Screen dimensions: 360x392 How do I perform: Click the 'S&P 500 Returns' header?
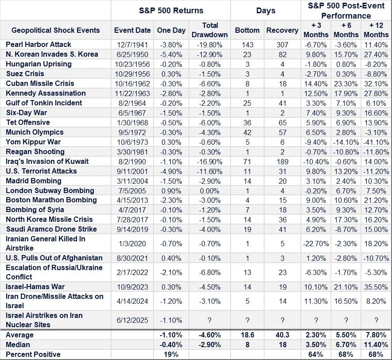pos(171,10)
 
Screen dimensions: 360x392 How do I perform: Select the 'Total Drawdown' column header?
pos(210,30)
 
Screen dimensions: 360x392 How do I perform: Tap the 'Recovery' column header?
pos(282,30)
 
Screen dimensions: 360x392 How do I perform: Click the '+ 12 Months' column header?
pos(376,30)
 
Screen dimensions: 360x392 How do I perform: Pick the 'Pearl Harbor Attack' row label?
pos(38,44)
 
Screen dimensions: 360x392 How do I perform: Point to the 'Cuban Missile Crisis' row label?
pos(40,83)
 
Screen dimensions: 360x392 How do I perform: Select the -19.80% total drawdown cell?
pos(210,45)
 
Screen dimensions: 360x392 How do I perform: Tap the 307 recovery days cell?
pos(282,45)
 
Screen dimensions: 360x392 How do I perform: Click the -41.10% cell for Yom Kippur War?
pos(376,142)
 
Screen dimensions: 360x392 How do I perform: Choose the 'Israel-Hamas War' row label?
pos(35,287)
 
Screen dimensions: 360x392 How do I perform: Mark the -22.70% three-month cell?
pos(316,244)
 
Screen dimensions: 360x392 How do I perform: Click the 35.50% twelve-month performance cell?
pos(376,287)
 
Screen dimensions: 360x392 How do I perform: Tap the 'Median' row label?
pos(18,345)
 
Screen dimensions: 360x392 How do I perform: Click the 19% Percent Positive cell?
pos(171,354)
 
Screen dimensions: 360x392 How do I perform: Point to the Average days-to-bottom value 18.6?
pos(247,335)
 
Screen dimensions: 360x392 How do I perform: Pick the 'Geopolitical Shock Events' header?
pos(55,30)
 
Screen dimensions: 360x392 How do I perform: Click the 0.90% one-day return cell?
pos(171,190)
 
